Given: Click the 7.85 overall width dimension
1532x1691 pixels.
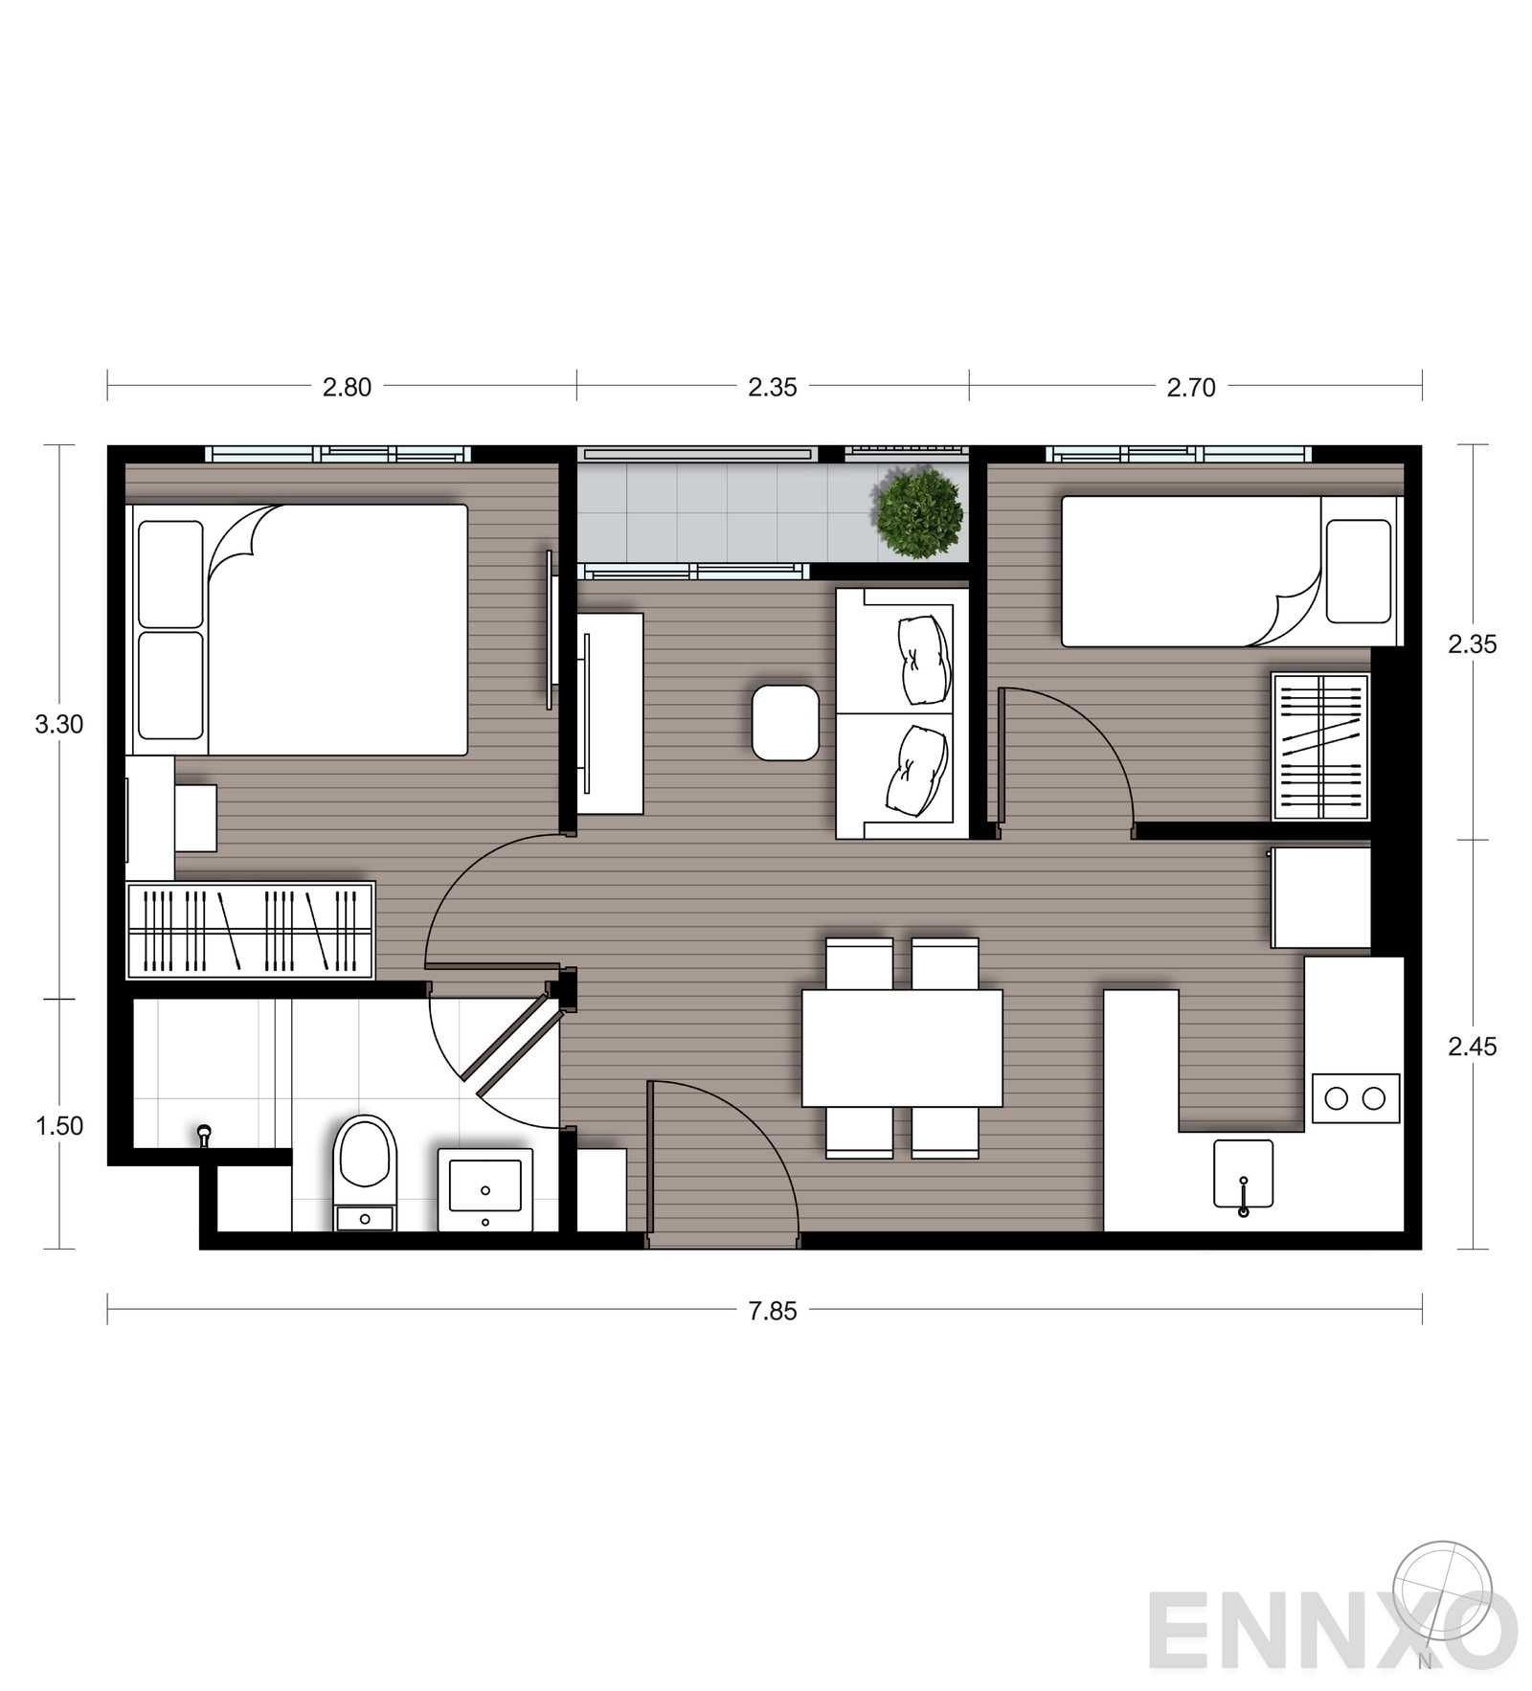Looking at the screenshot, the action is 772,1311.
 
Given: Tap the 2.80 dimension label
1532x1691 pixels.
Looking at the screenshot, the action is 346,387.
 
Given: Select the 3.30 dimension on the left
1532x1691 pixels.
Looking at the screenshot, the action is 59,725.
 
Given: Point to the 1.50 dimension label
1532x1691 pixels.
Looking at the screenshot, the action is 59,1126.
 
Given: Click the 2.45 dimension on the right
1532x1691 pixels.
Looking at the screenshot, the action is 1472,1047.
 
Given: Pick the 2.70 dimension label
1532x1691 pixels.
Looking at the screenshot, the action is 1190,387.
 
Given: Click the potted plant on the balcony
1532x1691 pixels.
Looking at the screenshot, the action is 918,513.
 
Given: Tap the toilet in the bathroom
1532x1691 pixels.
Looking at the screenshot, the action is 365,1172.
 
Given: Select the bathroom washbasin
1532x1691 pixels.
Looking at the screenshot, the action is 485,1189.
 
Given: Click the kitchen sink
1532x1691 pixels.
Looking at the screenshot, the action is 1243,1174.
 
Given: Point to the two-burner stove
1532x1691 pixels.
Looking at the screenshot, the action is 1356,1098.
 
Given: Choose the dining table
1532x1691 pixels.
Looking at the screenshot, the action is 902,1048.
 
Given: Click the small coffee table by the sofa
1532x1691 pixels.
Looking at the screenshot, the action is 785,723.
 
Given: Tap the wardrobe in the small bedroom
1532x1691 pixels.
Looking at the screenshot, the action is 1320,746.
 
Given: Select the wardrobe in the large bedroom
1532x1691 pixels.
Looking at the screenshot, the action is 250,930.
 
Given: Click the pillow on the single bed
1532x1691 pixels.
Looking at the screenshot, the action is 1359,571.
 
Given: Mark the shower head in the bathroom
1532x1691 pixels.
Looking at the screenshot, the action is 203,1136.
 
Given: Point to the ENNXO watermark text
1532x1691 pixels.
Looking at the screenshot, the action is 1332,1630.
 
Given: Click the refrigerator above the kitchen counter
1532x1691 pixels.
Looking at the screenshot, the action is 1321,898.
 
